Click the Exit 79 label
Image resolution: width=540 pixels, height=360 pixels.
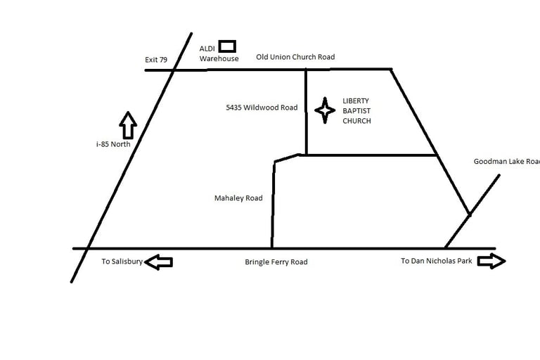(x=155, y=60)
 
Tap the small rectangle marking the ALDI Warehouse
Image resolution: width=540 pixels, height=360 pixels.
(x=226, y=46)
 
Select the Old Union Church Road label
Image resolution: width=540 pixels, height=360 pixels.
(x=295, y=57)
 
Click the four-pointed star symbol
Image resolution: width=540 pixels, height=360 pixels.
(x=325, y=110)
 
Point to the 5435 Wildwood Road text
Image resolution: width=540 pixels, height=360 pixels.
(x=262, y=108)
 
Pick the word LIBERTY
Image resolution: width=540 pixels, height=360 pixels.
(x=356, y=101)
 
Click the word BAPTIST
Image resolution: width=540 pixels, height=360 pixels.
(x=356, y=111)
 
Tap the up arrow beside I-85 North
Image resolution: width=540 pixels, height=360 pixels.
(x=127, y=125)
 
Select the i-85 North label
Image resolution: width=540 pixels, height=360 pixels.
(x=113, y=144)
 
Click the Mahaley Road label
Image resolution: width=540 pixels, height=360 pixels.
(x=238, y=198)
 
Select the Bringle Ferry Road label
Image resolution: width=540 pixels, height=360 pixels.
(x=276, y=262)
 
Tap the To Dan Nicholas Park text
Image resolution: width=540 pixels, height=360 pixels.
(x=437, y=261)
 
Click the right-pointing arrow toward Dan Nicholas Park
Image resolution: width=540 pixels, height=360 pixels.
(x=491, y=262)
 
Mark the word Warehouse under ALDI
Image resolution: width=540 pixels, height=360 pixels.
(x=219, y=59)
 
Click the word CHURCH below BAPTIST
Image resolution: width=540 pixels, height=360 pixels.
(x=356, y=121)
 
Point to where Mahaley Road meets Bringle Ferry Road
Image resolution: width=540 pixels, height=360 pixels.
(x=272, y=248)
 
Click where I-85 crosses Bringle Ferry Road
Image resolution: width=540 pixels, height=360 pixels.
(x=87, y=248)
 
